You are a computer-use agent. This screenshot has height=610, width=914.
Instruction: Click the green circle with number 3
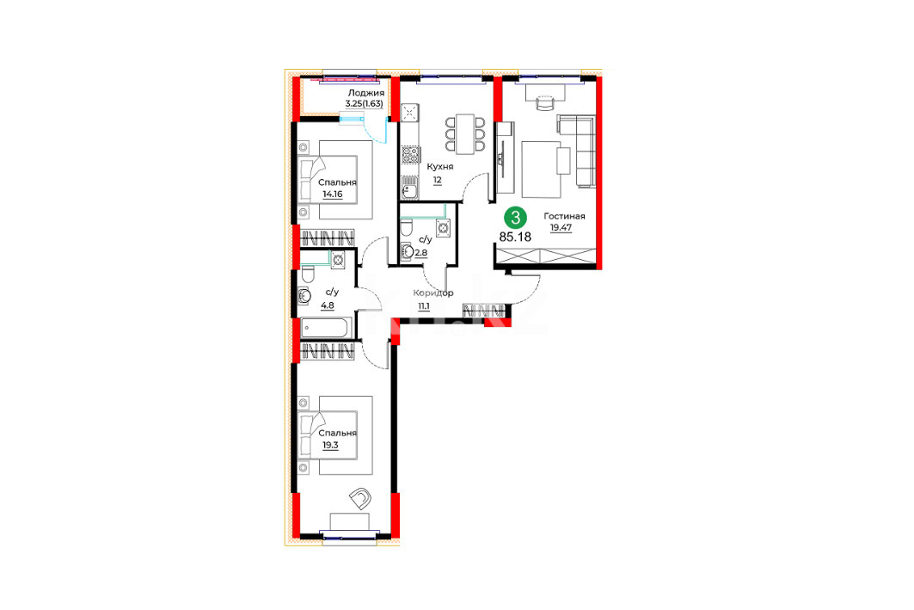point(515,219)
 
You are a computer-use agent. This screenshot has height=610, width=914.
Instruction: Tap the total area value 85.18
point(515,237)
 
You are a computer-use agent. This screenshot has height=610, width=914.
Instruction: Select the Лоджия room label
point(366,93)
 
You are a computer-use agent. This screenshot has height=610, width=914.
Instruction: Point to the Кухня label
point(440,167)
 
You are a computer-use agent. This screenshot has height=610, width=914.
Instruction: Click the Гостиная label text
point(564,216)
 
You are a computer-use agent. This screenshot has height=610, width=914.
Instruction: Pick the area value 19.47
point(561,228)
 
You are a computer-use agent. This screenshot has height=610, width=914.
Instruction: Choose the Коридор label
point(433,293)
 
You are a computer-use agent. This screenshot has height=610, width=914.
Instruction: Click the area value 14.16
point(332,194)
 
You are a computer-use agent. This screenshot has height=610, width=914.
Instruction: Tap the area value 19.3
point(330,445)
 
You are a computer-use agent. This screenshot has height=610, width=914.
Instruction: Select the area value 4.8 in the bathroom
point(328,305)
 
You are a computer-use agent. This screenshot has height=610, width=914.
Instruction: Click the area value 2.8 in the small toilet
point(420,253)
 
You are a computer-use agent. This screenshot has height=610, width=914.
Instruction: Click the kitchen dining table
point(465,134)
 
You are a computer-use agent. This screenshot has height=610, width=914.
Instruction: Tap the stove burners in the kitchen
point(410,155)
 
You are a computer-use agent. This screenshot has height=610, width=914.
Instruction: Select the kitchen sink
point(409,188)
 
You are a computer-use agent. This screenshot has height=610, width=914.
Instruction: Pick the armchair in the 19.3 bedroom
point(361,498)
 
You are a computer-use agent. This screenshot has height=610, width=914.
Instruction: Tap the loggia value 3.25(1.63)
point(365,104)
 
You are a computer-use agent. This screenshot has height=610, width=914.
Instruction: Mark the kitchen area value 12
point(437,180)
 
